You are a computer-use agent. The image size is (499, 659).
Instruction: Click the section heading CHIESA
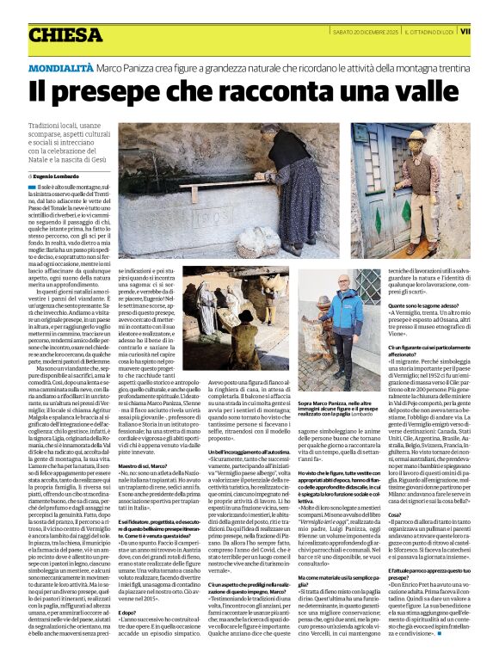pyautogui.click(x=65, y=34)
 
